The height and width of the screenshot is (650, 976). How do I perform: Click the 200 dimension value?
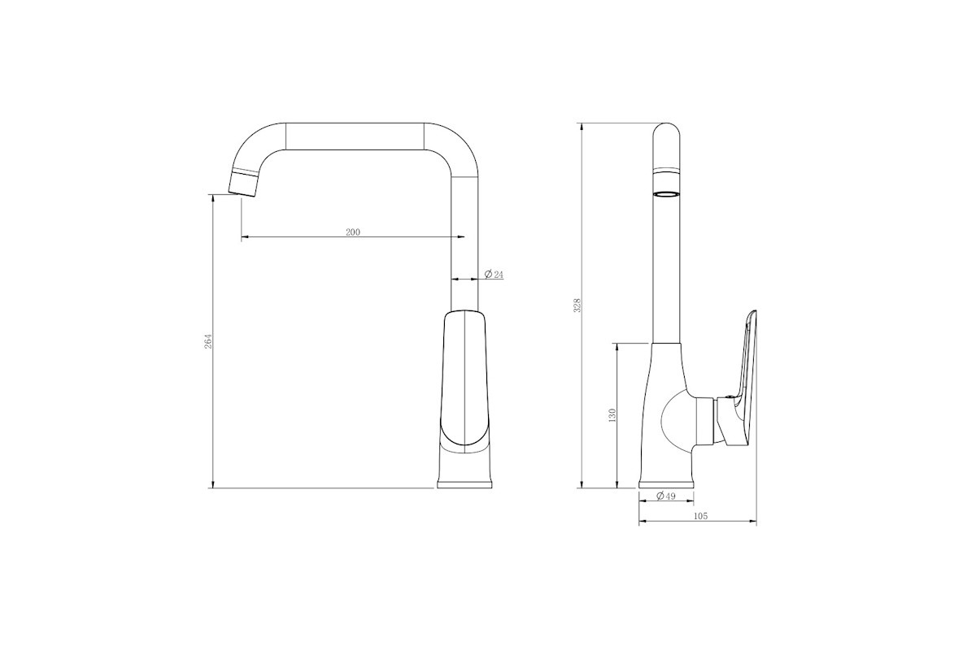pos(353,232)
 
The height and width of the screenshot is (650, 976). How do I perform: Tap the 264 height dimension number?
pos(208,341)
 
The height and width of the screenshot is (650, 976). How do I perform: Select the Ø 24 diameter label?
pos(495,275)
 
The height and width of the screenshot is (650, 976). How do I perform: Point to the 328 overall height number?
pos(577,305)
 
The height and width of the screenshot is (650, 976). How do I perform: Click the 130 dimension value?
pos(612,416)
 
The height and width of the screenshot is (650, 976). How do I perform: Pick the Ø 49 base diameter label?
pos(666,496)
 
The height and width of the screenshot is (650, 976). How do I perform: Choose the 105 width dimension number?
pos(700,516)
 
